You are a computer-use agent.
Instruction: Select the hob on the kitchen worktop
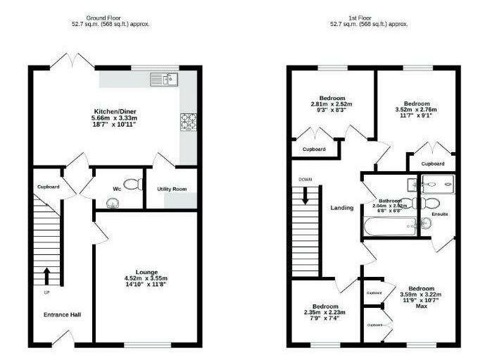pos(189,123)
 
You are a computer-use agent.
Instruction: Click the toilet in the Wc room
pos(137,184)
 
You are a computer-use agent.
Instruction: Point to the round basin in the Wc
pos(112,202)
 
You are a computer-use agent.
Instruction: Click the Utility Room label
pos(171,189)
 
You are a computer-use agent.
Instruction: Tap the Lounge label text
pos(146,271)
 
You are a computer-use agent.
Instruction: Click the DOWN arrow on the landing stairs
pos(305,194)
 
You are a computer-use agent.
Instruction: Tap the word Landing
pos(341,208)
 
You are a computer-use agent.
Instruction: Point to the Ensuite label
pos(440,213)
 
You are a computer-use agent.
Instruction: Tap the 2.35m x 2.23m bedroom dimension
pos(325,313)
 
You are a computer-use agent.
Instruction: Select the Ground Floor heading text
pos(103,16)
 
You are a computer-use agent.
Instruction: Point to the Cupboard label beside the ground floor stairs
pos(48,187)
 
